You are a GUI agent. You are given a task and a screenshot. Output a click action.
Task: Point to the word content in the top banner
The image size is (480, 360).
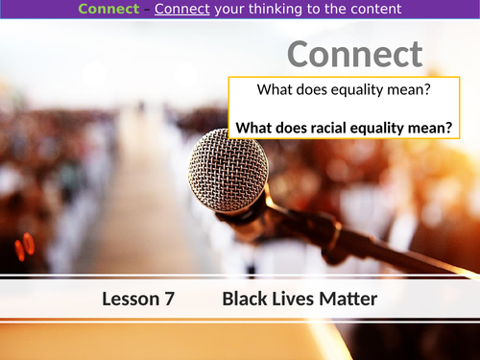pos(373,11)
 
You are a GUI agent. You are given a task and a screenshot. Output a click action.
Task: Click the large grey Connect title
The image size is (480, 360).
pos(354,55)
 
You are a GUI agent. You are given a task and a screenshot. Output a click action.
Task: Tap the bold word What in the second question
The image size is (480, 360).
pos(256,127)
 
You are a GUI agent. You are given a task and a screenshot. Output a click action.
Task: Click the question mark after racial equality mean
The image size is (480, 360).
pos(448,127)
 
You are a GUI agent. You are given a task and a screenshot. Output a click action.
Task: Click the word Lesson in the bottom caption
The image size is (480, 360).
pos(130,300)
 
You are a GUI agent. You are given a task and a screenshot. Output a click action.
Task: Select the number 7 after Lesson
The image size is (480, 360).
pos(169,300)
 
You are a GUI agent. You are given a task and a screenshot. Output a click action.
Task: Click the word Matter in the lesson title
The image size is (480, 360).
pos(348,300)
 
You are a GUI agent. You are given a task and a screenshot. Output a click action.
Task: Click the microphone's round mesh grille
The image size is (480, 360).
pos(227,169)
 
